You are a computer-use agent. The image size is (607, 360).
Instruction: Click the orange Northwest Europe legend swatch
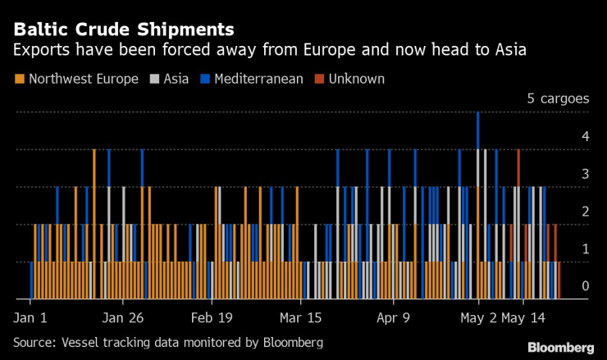19,80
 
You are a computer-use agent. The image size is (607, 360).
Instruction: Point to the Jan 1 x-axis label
30,317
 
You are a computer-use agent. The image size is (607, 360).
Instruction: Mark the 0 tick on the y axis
584,285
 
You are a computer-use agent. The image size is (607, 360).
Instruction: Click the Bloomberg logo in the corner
560,347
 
